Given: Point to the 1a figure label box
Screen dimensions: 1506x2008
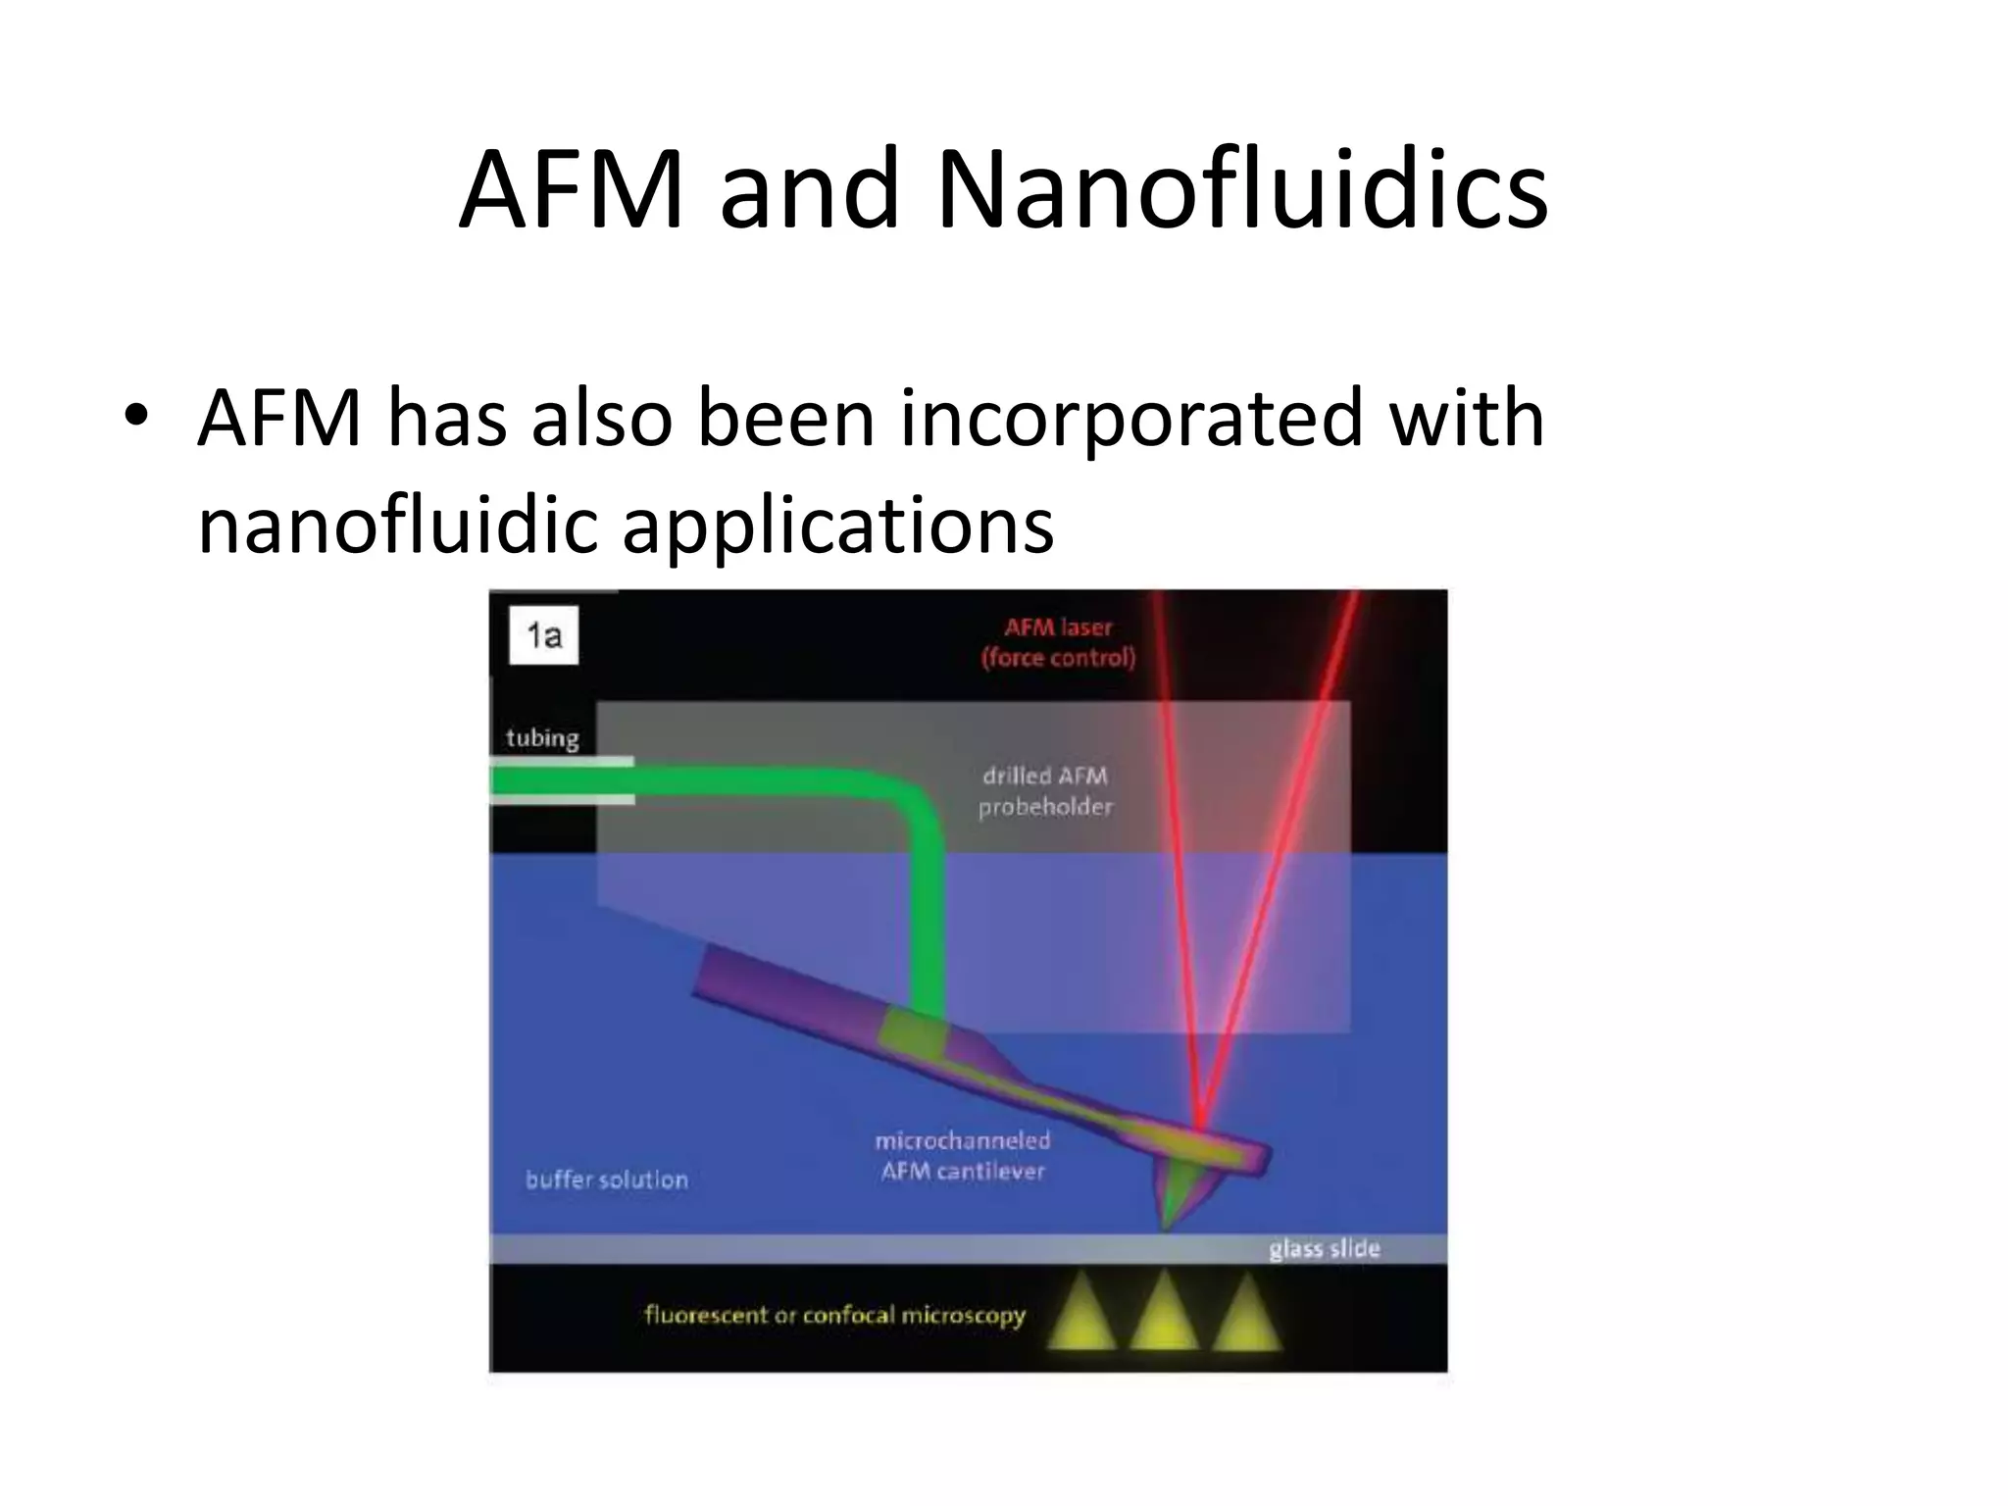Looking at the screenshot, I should click(544, 636).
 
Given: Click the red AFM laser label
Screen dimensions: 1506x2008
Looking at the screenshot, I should click(1058, 642).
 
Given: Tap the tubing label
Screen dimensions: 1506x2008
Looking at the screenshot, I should click(542, 737).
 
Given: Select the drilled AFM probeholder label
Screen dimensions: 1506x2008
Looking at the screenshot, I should click(1045, 791).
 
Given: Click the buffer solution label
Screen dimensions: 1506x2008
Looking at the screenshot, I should click(606, 1179).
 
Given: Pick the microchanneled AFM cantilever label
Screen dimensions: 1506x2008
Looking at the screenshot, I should click(963, 1155).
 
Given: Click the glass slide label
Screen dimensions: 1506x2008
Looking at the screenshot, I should click(1324, 1248).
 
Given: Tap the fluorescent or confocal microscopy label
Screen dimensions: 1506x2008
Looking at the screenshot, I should click(834, 1315).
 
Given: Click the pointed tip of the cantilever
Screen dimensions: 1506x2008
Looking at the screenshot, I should click(1166, 1225).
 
